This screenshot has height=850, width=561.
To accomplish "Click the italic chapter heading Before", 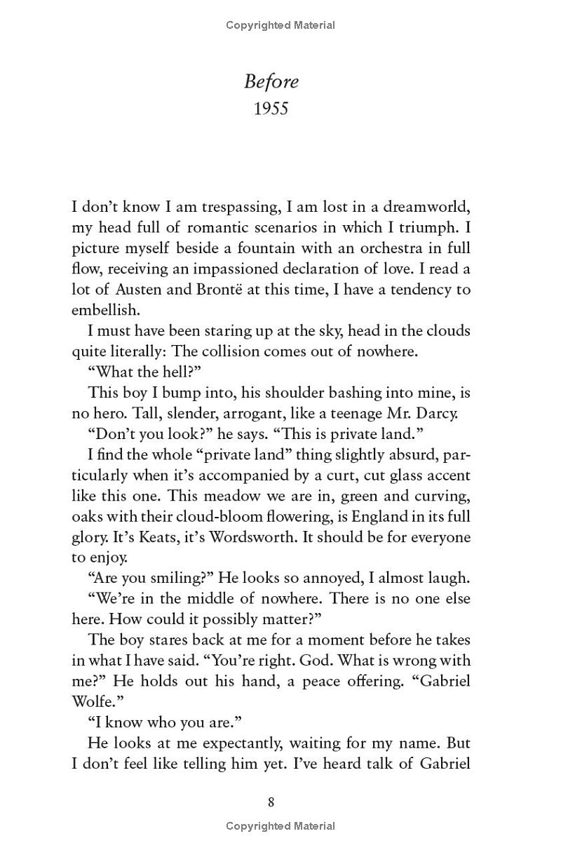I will [x=271, y=82].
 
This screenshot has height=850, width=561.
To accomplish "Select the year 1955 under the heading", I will [x=271, y=109].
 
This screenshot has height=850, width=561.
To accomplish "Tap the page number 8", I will [x=271, y=802].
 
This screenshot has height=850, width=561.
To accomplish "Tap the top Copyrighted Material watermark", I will [x=280, y=25].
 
